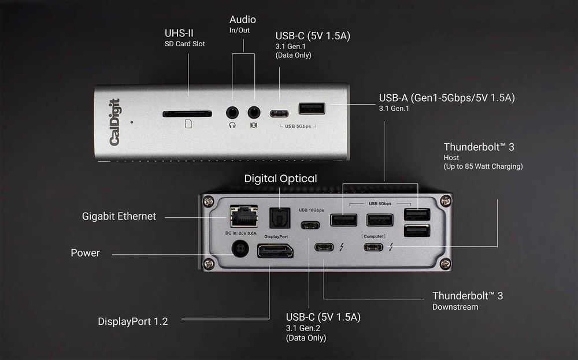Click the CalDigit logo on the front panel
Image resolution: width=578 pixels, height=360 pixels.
[x=114, y=122]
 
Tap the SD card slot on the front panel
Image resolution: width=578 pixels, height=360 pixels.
[x=187, y=114]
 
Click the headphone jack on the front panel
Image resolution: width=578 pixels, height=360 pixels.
[x=232, y=113]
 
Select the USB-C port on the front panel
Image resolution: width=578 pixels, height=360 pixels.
[x=280, y=113]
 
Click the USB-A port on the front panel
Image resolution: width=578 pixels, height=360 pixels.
[x=312, y=109]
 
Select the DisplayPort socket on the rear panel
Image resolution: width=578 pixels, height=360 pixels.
[x=275, y=251]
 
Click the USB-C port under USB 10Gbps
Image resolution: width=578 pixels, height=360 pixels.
[x=310, y=225]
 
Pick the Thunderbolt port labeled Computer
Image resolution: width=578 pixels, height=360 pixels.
[x=373, y=247]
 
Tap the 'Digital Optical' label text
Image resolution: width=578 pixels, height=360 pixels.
[x=280, y=179]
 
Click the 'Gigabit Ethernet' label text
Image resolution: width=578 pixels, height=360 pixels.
[x=119, y=216]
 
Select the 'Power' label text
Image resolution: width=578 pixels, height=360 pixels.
[x=86, y=253]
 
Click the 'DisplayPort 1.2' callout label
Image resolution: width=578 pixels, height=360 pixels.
[x=133, y=321]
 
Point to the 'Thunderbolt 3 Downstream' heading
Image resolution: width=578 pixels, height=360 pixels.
[x=468, y=296]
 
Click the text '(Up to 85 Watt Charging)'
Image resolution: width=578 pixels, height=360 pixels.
[x=483, y=166]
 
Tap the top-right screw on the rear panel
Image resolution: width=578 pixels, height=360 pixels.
[x=445, y=201]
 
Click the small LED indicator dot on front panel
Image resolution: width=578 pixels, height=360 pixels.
[x=132, y=122]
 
